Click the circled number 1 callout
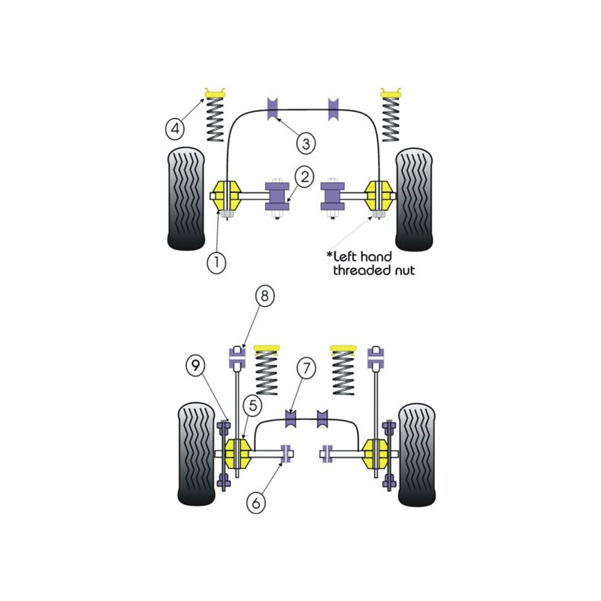[x=216, y=262]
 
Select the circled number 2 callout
[x=305, y=177]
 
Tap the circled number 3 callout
[x=306, y=143]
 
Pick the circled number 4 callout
[x=175, y=128]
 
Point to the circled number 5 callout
[x=252, y=406]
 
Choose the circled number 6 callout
[x=256, y=502]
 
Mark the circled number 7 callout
[x=307, y=368]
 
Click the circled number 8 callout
[x=265, y=296]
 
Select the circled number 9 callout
[x=195, y=365]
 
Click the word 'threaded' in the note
[x=358, y=270]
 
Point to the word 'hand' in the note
[x=376, y=256]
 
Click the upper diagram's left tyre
[x=186, y=199]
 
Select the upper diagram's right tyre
[x=414, y=200]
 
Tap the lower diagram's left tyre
[x=197, y=454]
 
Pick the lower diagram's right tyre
[x=417, y=455]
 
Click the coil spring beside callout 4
[x=215, y=119]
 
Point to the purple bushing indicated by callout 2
[x=276, y=196]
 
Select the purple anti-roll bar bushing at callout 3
[x=272, y=109]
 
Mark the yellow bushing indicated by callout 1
[x=227, y=196]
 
